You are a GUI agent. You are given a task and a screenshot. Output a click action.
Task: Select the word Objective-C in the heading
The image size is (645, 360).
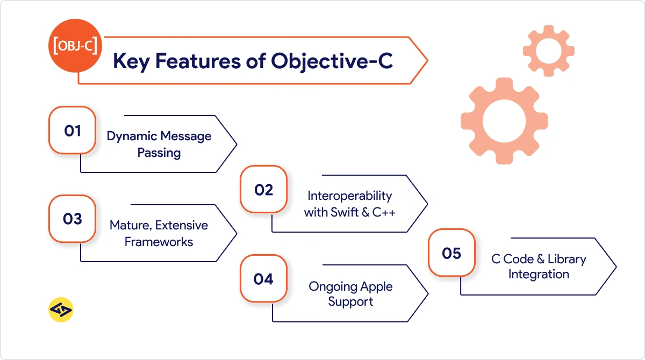[x=332, y=61]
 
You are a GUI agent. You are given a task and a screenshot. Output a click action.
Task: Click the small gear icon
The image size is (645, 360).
[x=548, y=51]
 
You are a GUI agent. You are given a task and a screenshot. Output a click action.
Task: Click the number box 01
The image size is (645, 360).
[x=73, y=131]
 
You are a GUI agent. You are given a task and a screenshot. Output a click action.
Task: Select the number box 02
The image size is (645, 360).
[x=263, y=190]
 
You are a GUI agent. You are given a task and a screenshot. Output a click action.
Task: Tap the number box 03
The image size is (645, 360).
[x=73, y=219]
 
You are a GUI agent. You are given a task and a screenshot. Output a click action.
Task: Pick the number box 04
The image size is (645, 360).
[x=263, y=279]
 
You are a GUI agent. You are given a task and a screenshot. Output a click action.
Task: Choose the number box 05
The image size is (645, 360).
[x=451, y=253]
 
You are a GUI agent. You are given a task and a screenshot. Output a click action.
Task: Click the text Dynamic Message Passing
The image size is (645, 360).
[x=159, y=144]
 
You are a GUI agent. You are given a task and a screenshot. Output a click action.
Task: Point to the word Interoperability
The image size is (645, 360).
[x=349, y=196]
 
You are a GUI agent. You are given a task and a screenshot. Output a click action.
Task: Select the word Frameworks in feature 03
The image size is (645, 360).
[x=159, y=242]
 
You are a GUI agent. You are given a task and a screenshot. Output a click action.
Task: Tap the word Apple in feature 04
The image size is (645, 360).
[x=376, y=286]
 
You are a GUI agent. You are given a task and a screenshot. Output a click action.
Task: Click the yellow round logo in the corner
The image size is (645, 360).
[x=61, y=309]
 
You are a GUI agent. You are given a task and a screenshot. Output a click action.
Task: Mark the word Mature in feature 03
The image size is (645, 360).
[x=128, y=225]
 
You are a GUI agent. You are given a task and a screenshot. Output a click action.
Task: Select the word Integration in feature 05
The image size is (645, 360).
[x=539, y=274]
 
